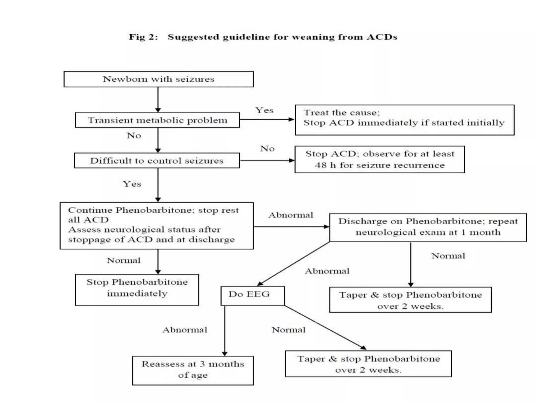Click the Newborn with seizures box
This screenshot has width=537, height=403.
[x=158, y=79]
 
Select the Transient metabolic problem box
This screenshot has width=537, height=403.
[x=157, y=120]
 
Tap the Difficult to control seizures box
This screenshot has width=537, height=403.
[x=157, y=161]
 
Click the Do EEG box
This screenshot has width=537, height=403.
[x=252, y=296]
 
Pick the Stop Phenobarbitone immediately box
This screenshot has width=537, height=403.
[x=137, y=290]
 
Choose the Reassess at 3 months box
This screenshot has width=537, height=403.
[x=193, y=370]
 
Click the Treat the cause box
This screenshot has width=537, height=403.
[x=404, y=120]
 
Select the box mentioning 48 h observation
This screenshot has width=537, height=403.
[x=379, y=159]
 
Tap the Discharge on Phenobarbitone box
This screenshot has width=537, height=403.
[x=428, y=227]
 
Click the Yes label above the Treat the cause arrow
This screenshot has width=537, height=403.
[x=264, y=110]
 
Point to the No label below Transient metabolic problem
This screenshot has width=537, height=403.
[x=134, y=136]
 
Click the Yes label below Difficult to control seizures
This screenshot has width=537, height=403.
[x=132, y=184]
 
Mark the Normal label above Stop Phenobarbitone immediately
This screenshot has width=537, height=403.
[x=123, y=261]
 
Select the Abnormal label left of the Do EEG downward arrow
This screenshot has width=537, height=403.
[x=185, y=330]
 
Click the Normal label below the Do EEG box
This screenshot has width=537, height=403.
[x=288, y=330]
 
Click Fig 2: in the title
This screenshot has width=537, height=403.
[x=143, y=37]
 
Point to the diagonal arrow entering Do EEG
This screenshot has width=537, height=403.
[x=294, y=263]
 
